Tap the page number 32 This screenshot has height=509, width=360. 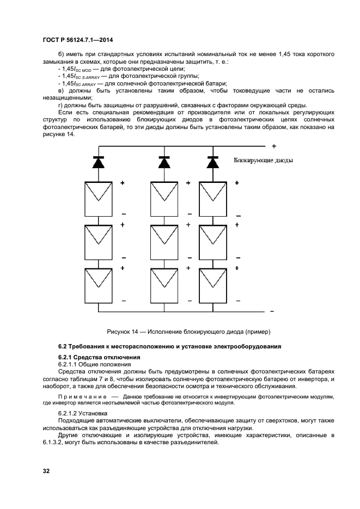click(x=47, y=470)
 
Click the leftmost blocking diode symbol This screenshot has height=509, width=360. click(x=99, y=162)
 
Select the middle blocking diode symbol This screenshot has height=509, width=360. click(x=164, y=162)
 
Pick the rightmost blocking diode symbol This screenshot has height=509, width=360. click(x=212, y=162)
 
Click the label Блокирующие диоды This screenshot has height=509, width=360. click(x=263, y=161)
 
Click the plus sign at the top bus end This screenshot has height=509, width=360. click(x=274, y=146)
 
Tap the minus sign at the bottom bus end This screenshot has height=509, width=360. click(x=272, y=312)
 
